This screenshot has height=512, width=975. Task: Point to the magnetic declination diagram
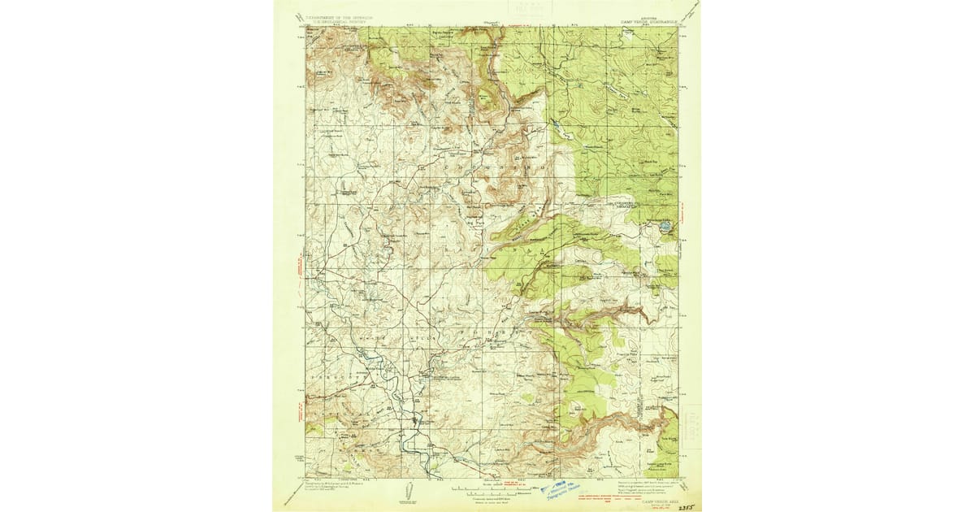tap(409, 490)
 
